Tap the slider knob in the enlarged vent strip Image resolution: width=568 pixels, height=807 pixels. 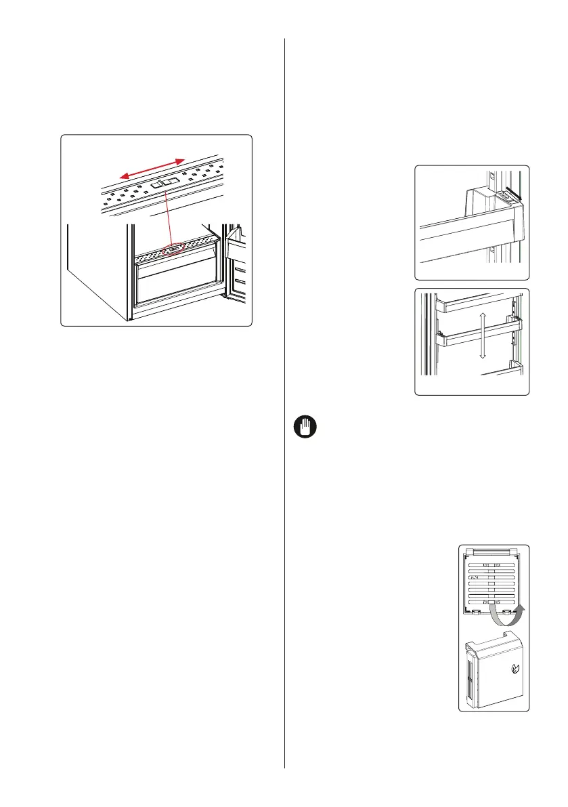165,183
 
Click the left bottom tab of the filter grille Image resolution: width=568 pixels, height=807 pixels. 475,611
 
